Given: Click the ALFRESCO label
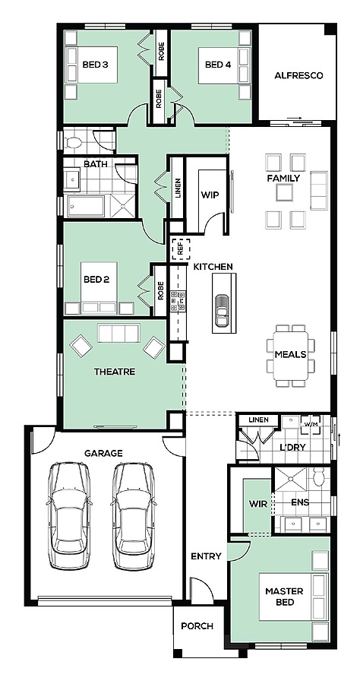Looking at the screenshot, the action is tap(298, 75).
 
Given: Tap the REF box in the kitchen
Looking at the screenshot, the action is tap(181, 249).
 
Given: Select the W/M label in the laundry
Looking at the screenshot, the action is tap(311, 424).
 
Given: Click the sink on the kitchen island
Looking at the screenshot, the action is tap(223, 311).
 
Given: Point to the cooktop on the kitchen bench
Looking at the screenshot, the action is tap(178, 300).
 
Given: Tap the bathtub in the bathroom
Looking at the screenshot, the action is tap(85, 205).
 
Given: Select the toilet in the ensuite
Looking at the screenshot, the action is tap(318, 477).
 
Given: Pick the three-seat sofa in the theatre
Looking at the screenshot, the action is tap(118, 333).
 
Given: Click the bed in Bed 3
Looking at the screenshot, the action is tap(92, 65).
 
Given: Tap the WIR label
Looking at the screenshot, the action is tap(255, 504).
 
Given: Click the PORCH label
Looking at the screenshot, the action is tap(197, 626).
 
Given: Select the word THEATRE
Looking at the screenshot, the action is tap(115, 372).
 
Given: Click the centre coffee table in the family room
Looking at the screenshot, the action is tap(284, 192).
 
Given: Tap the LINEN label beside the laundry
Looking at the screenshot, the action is tap(258, 420).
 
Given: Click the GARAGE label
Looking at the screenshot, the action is tap(103, 453).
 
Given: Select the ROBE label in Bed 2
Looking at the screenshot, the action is tap(161, 290).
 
